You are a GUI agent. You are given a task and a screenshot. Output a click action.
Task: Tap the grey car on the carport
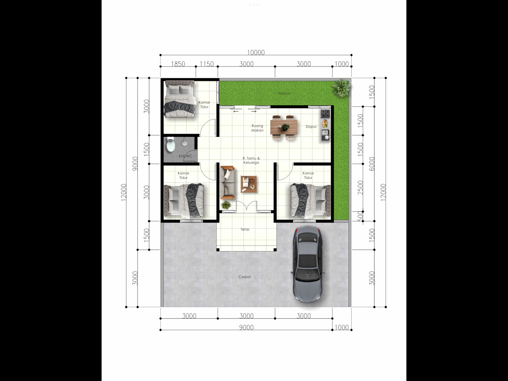308,264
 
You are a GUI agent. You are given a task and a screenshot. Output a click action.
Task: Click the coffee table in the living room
249,184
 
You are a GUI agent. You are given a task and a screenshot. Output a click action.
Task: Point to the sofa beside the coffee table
227,183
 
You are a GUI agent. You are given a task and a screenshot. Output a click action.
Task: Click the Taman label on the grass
284,93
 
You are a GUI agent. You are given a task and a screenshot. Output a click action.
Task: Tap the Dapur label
311,127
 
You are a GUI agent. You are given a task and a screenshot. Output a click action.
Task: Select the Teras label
245,229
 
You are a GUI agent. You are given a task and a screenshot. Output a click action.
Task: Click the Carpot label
244,277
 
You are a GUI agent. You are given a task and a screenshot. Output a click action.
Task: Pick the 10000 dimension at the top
256,52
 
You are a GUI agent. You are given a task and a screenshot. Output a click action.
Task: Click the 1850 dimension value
178,64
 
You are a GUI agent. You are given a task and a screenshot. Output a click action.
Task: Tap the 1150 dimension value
207,64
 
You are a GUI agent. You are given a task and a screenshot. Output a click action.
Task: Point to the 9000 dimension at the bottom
246,327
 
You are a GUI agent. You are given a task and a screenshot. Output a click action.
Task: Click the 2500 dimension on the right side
360,187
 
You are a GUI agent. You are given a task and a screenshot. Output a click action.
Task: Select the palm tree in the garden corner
341,88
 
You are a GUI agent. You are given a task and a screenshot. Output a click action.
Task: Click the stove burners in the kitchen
325,113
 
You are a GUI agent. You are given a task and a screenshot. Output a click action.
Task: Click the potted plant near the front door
226,205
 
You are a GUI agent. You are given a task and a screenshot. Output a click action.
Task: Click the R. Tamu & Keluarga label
251,160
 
